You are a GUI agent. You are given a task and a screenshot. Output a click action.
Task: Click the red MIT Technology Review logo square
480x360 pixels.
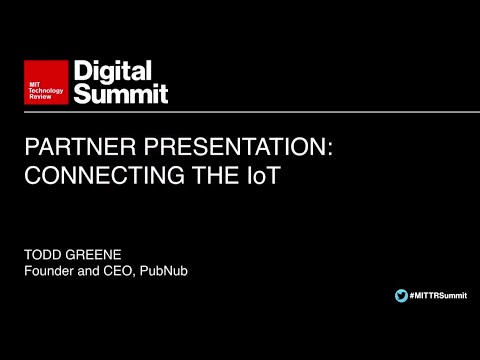click(x=46, y=82)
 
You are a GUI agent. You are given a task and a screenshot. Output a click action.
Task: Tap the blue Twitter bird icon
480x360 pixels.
click(x=401, y=294)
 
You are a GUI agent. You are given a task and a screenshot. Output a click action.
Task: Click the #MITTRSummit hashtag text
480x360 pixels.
click(x=437, y=294)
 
